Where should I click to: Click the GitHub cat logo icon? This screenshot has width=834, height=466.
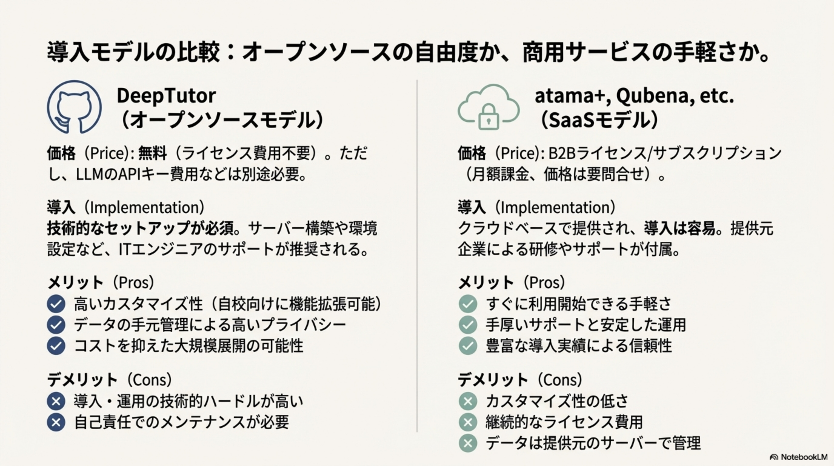75,107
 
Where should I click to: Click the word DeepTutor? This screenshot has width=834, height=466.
166,96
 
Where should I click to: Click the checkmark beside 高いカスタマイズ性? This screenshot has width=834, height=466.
56,304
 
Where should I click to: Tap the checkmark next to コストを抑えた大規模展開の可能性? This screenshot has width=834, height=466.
56,346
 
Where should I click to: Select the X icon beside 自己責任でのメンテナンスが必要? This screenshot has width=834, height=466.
56,422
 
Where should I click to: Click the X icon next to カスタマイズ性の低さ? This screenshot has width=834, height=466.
468,401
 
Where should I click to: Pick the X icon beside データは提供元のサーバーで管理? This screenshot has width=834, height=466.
468,443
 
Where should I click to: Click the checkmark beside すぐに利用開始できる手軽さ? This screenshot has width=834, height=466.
468,304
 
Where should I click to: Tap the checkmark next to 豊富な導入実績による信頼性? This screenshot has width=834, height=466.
468,346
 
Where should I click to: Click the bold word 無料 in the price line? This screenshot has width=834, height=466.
153,153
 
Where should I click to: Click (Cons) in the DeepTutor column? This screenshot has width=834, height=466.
150,380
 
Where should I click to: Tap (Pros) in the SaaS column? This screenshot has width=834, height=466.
545,282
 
